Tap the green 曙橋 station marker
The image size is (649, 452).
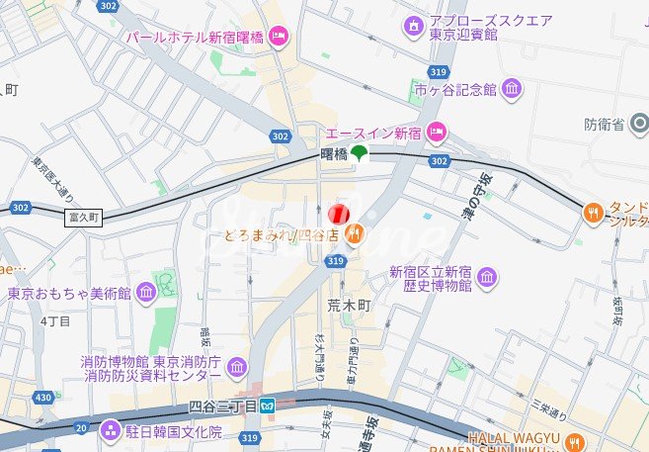click(x=359, y=153)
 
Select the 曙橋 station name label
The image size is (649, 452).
click(x=334, y=154)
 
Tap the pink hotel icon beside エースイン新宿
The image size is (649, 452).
click(x=436, y=133)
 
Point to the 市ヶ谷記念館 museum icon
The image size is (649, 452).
click(x=512, y=90)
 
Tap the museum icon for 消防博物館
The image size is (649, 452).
click(x=237, y=369)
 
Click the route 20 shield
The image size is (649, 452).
click(x=80, y=427)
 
